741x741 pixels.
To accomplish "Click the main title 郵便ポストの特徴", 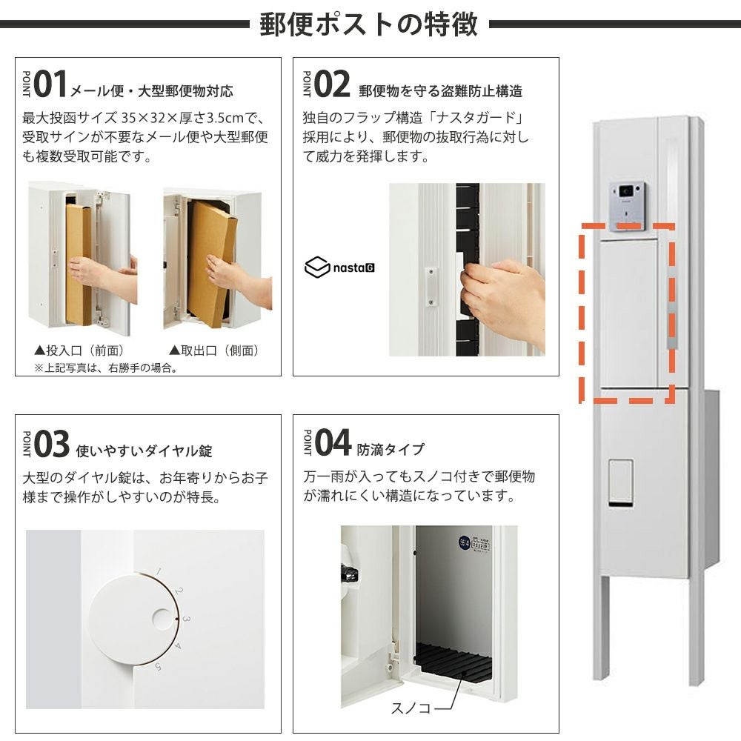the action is click(x=368, y=24).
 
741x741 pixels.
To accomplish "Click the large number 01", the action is click(x=50, y=84).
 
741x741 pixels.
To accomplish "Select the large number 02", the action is click(x=332, y=84).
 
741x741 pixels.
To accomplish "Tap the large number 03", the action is click(x=52, y=444).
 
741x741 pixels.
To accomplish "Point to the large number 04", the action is click(x=333, y=443).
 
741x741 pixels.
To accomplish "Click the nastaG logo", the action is click(x=340, y=268).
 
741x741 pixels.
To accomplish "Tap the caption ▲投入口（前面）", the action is click(x=79, y=350).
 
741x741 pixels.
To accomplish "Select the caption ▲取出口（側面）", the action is click(x=215, y=350).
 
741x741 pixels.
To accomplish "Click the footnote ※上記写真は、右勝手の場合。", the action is click(x=106, y=368).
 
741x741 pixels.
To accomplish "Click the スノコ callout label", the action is click(x=411, y=708).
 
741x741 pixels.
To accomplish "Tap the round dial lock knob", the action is click(x=133, y=619).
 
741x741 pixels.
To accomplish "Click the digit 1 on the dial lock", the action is click(x=159, y=572).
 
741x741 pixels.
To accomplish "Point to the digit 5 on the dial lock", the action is click(x=159, y=667).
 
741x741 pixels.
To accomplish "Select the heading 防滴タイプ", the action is click(x=391, y=449).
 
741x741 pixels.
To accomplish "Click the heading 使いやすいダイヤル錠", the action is click(x=144, y=451).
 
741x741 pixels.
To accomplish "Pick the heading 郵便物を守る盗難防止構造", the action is click(x=440, y=90).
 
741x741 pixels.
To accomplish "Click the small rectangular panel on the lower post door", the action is click(x=621, y=482).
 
